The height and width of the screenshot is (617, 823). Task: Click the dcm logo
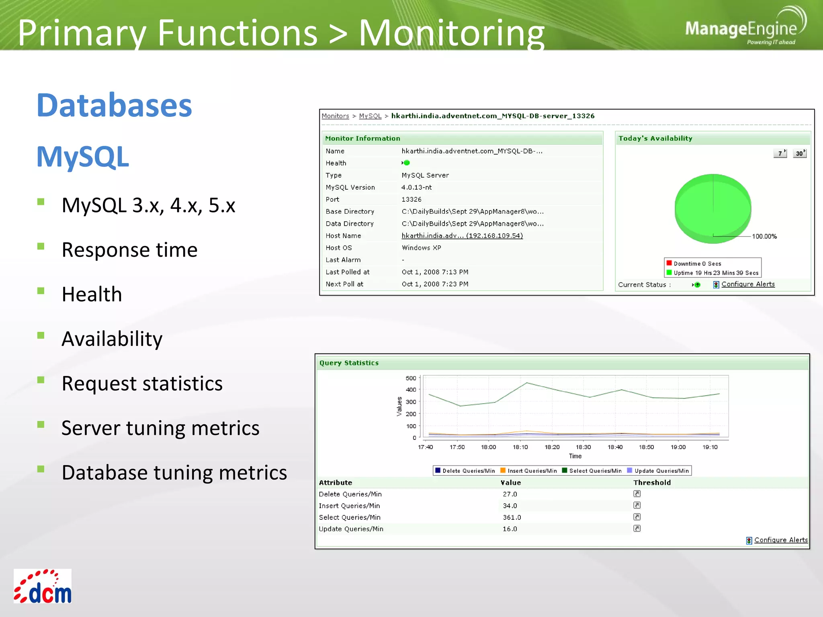tap(43, 586)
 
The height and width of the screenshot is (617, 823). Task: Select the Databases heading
tap(114, 105)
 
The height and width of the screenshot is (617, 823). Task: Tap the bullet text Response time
tap(129, 250)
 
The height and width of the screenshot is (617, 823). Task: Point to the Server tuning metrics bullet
tap(160, 428)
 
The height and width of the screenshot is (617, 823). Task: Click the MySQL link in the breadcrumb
tap(370, 116)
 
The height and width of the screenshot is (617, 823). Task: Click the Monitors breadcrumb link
tap(335, 116)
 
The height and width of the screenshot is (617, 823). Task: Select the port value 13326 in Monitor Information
tap(411, 200)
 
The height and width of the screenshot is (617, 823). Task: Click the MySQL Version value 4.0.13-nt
tap(416, 188)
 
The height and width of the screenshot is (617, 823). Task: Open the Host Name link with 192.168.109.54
tap(462, 236)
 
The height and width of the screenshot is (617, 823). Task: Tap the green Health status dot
tap(407, 163)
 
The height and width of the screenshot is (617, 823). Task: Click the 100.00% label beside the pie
tap(764, 237)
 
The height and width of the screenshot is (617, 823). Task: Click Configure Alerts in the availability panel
tap(747, 284)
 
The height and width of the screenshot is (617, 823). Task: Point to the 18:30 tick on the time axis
tap(583, 447)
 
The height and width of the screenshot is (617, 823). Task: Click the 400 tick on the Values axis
tap(411, 390)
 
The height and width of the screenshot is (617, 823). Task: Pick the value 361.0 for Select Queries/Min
tap(512, 517)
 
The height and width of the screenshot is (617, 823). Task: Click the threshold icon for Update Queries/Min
tap(637, 529)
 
